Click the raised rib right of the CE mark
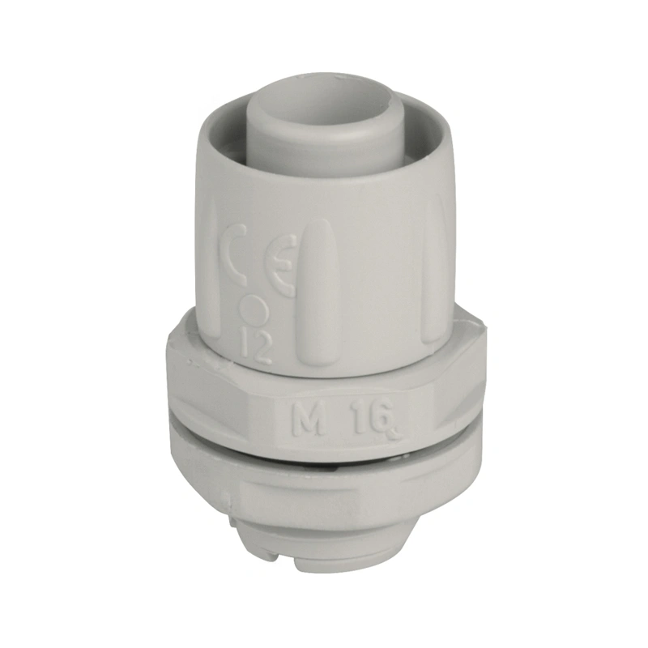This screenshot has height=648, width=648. click(321, 289)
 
